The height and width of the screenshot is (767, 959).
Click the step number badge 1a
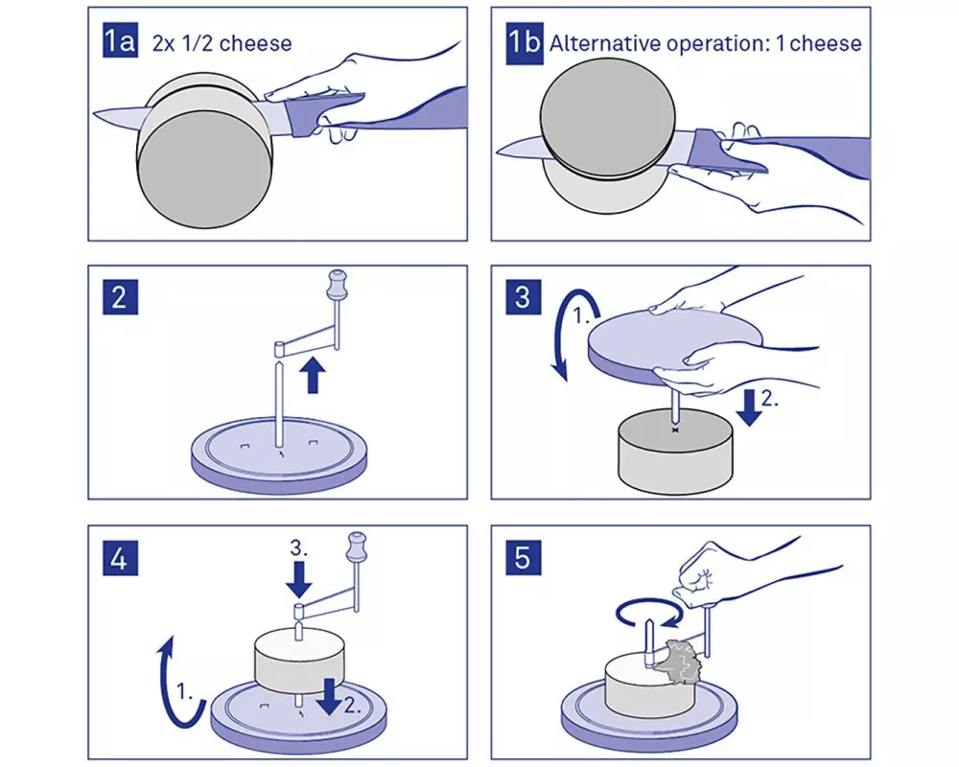[x=120, y=41]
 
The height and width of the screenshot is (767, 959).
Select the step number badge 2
[x=120, y=296]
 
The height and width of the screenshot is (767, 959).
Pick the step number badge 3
[x=523, y=296]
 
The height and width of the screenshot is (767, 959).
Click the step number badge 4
[x=120, y=557]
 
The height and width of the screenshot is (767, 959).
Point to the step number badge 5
[x=523, y=557]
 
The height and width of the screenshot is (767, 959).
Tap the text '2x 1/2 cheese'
[x=222, y=43]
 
